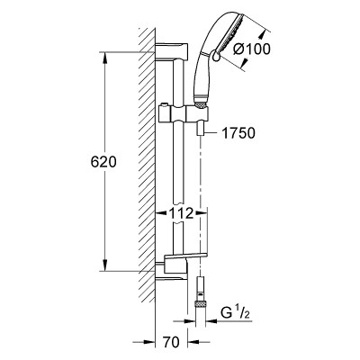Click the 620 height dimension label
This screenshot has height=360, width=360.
pos(103,162)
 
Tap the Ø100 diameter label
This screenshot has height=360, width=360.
pos(252,49)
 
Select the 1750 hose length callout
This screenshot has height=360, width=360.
pos(238,133)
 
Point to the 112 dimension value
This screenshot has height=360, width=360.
pos(181,213)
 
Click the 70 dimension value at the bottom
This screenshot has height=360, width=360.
pos(171,342)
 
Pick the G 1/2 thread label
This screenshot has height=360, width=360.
pos(235,314)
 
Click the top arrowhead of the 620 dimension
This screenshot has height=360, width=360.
pos(105,58)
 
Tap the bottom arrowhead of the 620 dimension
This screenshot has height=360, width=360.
pos(105,265)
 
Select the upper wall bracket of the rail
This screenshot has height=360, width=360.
pos(172,51)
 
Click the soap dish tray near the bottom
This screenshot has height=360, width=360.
pos(185,256)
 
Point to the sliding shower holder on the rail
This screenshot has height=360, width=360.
pos(183,113)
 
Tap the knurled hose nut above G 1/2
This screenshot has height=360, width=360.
pos(200,303)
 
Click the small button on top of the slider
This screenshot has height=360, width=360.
pos(164,104)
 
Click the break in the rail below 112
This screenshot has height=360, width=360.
pos(179,222)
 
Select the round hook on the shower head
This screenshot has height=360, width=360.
pos(215,56)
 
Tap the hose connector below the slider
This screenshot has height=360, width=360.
pos(200,130)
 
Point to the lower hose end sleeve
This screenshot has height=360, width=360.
pos(200,289)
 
